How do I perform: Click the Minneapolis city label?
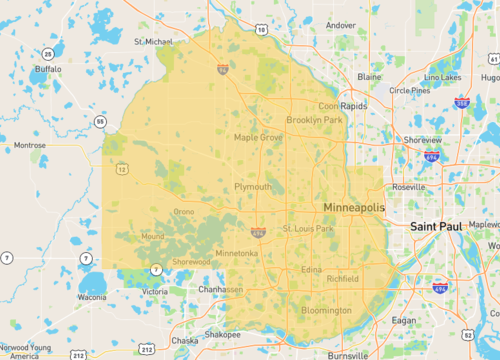click(354, 206)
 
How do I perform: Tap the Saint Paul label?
click(436, 227)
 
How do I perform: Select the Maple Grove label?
click(258, 137)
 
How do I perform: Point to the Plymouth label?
click(252, 187)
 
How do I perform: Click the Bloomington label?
click(327, 310)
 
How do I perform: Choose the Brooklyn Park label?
click(314, 120)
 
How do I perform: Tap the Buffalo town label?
click(48, 69)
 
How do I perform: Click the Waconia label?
click(91, 297)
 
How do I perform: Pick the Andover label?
click(340, 25)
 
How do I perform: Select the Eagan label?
click(403, 320)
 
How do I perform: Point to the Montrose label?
click(29, 145)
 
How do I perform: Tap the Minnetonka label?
click(236, 253)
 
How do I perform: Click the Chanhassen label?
click(219, 289)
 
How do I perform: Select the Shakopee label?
click(222, 334)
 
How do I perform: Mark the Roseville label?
click(408, 186)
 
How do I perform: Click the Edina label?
click(312, 269)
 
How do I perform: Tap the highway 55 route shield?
click(100, 121)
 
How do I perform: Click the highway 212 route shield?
click(78, 354)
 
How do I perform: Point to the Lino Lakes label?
click(443, 77)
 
